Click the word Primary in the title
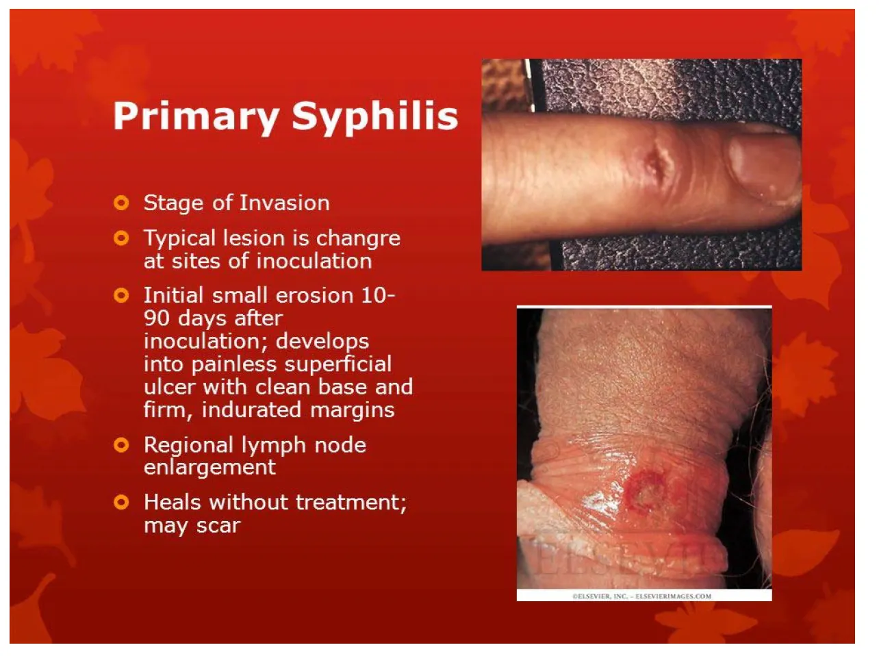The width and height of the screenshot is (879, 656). point(196,117)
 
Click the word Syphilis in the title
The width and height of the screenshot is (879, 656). point(375,117)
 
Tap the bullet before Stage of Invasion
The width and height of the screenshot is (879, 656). point(121,203)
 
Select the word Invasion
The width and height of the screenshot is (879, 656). point(284,203)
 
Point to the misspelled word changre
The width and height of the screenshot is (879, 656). point(358,239)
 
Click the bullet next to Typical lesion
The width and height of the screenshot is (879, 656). point(121,238)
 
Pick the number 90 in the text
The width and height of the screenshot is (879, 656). point(156,318)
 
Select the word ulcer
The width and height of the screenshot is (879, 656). point(170,388)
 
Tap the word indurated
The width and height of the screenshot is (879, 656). point(251,410)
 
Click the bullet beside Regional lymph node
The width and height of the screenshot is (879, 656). point(121,444)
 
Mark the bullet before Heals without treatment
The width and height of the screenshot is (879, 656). point(121,502)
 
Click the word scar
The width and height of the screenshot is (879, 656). point(218,526)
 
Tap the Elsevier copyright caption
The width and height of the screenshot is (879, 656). point(642,596)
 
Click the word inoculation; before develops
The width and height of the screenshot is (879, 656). point(207,342)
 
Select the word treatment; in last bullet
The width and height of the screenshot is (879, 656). point(351,503)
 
